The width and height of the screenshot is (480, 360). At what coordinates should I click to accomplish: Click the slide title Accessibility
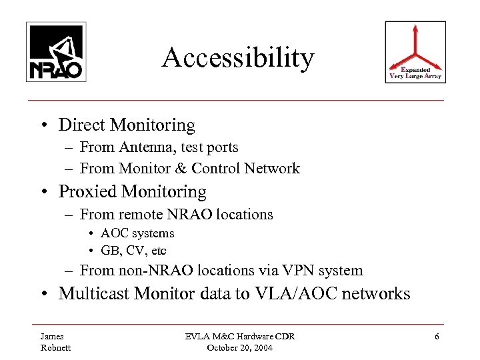(x=238, y=58)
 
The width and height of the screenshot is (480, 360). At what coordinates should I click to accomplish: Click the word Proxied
(x=88, y=191)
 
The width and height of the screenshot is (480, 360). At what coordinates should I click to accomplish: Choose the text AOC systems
(x=137, y=233)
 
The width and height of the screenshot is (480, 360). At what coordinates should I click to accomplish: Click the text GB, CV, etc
(x=133, y=251)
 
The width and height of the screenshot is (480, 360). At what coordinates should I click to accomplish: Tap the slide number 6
(x=436, y=337)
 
